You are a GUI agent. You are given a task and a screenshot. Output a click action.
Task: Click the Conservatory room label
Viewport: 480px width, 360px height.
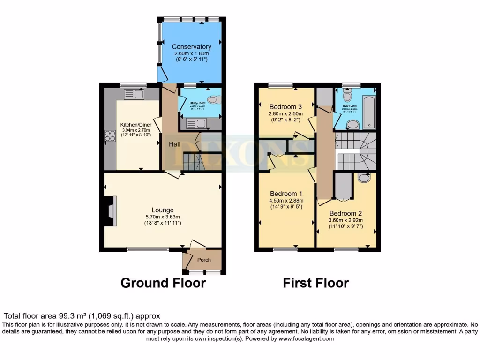[191, 47]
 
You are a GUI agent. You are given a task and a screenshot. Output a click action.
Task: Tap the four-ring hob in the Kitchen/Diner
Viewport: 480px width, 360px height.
[110, 136]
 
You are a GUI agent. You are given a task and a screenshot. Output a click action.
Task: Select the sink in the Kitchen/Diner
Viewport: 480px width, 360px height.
[134, 94]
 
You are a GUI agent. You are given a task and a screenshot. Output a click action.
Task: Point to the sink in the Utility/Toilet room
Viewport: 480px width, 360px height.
[195, 124]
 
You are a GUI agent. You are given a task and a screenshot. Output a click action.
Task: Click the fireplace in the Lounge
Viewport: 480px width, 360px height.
[110, 212]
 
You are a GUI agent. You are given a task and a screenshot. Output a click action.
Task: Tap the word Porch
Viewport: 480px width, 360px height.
[204, 260]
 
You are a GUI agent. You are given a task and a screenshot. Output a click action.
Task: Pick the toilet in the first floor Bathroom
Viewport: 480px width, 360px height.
[347, 96]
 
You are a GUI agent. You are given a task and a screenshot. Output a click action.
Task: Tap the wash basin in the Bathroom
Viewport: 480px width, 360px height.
[352, 124]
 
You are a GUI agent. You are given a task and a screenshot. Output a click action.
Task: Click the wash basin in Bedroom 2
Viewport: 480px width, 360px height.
[363, 178]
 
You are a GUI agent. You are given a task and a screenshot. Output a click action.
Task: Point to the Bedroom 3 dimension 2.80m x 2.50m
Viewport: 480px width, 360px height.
[285, 113]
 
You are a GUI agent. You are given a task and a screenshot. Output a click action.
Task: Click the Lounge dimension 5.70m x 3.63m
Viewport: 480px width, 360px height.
[163, 217]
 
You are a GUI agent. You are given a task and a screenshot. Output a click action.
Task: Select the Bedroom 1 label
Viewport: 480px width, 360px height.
[286, 194]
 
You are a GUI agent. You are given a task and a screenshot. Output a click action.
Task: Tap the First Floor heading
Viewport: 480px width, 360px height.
[315, 283]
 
